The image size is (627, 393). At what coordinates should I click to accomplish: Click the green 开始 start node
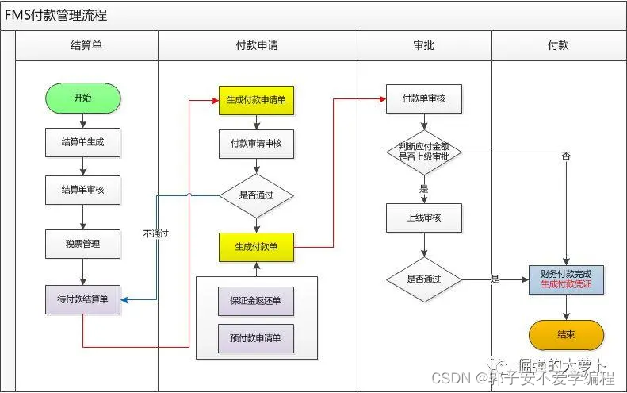(82, 98)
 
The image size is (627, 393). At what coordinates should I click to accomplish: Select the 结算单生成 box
(82, 143)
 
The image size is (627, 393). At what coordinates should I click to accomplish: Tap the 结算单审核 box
(82, 191)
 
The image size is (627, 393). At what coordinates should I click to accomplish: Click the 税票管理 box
(82, 244)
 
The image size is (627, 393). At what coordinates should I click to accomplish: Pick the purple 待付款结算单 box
(82, 299)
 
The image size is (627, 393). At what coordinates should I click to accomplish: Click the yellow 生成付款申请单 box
(256, 100)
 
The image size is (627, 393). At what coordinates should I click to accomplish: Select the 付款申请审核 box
(256, 144)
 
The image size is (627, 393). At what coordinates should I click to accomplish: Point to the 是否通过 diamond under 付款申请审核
(256, 195)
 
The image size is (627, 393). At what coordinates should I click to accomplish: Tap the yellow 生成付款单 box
(256, 247)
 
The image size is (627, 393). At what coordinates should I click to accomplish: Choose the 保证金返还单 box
(256, 301)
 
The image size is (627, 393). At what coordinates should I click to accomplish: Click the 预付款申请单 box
(256, 338)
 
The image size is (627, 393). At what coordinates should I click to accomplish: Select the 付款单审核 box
(424, 99)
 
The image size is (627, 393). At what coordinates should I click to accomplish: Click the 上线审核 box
(424, 217)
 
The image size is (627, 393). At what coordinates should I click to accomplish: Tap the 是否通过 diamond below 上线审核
(424, 279)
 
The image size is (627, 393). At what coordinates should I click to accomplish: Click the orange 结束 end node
(566, 335)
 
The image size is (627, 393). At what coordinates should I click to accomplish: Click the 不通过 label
(156, 234)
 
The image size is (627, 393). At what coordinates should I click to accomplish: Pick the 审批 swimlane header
(424, 46)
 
